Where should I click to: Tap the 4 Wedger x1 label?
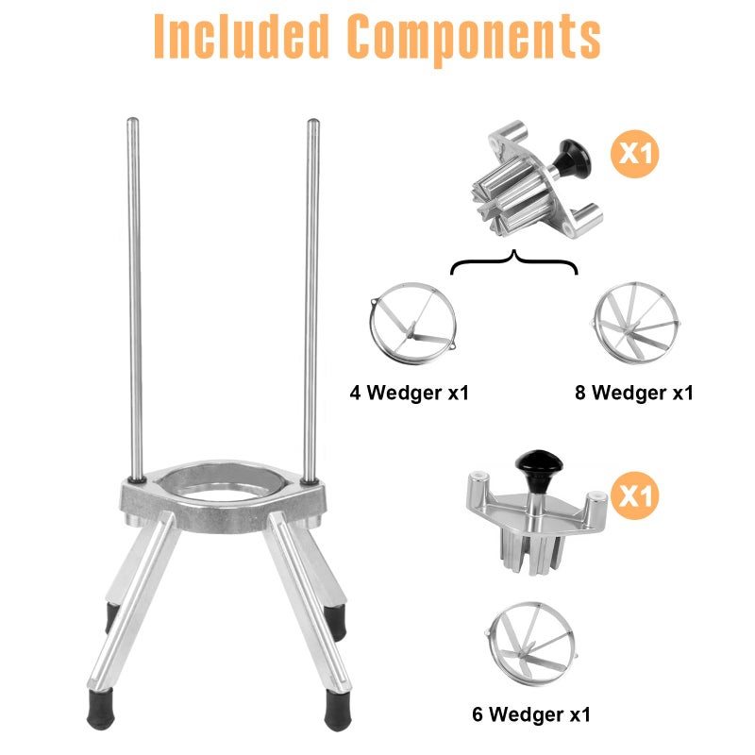click(x=409, y=392)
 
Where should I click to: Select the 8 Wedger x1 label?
click(x=634, y=392)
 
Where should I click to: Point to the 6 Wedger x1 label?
click(x=531, y=714)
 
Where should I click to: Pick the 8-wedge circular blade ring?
click(x=635, y=326)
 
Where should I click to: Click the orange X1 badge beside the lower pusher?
click(x=635, y=495)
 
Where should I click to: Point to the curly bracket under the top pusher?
click(x=514, y=262)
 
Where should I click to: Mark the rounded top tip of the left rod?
click(x=133, y=121)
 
